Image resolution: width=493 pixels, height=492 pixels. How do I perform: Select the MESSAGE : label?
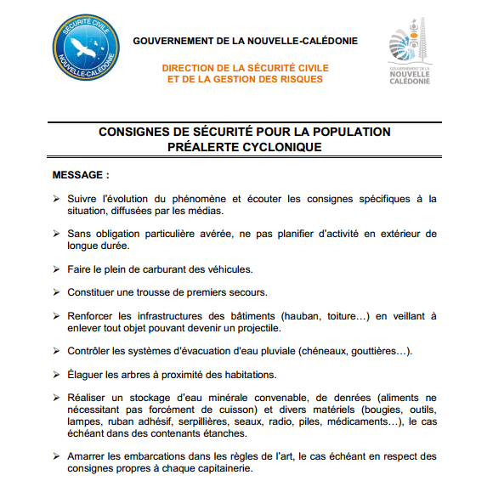[x=82, y=175]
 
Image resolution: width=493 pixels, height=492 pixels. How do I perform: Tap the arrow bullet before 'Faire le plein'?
[x=56, y=269]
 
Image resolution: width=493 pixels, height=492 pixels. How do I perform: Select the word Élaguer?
[x=87, y=374]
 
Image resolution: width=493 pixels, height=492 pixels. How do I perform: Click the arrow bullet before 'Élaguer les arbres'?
[x=56, y=375]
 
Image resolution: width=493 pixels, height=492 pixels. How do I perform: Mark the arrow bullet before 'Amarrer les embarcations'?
[x=56, y=457]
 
